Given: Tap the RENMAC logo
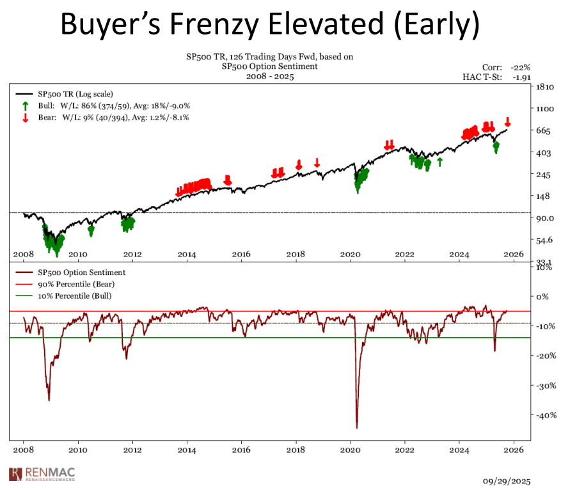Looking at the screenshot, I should [x=41, y=474].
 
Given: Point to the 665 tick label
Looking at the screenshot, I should [x=544, y=130].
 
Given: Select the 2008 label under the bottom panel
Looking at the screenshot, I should [x=24, y=450].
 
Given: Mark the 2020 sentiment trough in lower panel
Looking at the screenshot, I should [x=356, y=427].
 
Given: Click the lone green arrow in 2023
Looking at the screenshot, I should [x=439, y=162].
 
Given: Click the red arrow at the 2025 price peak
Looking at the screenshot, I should [x=507, y=122].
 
